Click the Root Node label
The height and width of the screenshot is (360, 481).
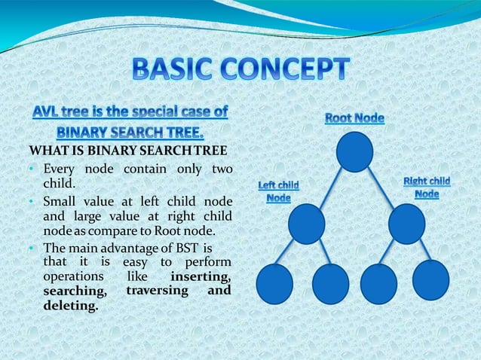coord(354,118)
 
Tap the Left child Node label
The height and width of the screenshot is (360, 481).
coord(278,191)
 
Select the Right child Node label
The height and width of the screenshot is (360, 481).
coord(427,188)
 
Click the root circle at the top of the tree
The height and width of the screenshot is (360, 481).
coord(354,151)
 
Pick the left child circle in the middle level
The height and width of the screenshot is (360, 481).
coord(306,224)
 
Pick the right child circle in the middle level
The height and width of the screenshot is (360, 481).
coord(407,224)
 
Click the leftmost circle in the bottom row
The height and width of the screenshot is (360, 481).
coord(274,284)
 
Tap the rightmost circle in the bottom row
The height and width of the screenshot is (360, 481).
coord(430,279)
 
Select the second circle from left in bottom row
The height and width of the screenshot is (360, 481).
coord(330,284)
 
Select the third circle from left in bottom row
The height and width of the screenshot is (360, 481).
coord(378,284)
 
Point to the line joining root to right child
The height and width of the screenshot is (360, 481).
coord(381,188)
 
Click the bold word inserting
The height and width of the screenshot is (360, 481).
coord(200,277)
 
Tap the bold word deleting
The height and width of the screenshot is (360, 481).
coord(71,306)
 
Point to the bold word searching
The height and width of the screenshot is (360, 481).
coord(74,291)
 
